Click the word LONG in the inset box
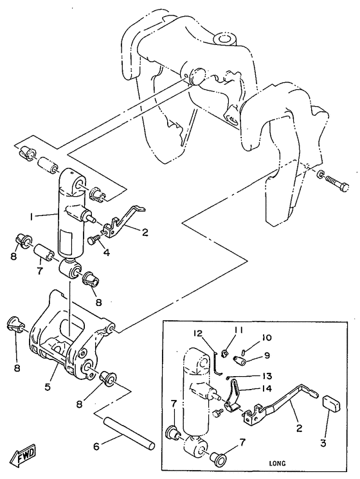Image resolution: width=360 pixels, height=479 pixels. click(277, 464)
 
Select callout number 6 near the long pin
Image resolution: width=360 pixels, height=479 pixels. click(96, 447)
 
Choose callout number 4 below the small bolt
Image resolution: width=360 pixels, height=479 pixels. click(106, 253)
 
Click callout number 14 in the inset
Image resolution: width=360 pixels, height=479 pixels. click(266, 388)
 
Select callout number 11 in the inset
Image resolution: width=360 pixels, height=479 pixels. click(239, 330)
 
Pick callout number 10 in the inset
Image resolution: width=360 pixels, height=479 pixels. click(266, 338)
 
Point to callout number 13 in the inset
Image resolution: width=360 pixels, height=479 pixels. click(266, 376)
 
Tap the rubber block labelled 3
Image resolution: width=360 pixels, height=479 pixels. click(332, 404)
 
